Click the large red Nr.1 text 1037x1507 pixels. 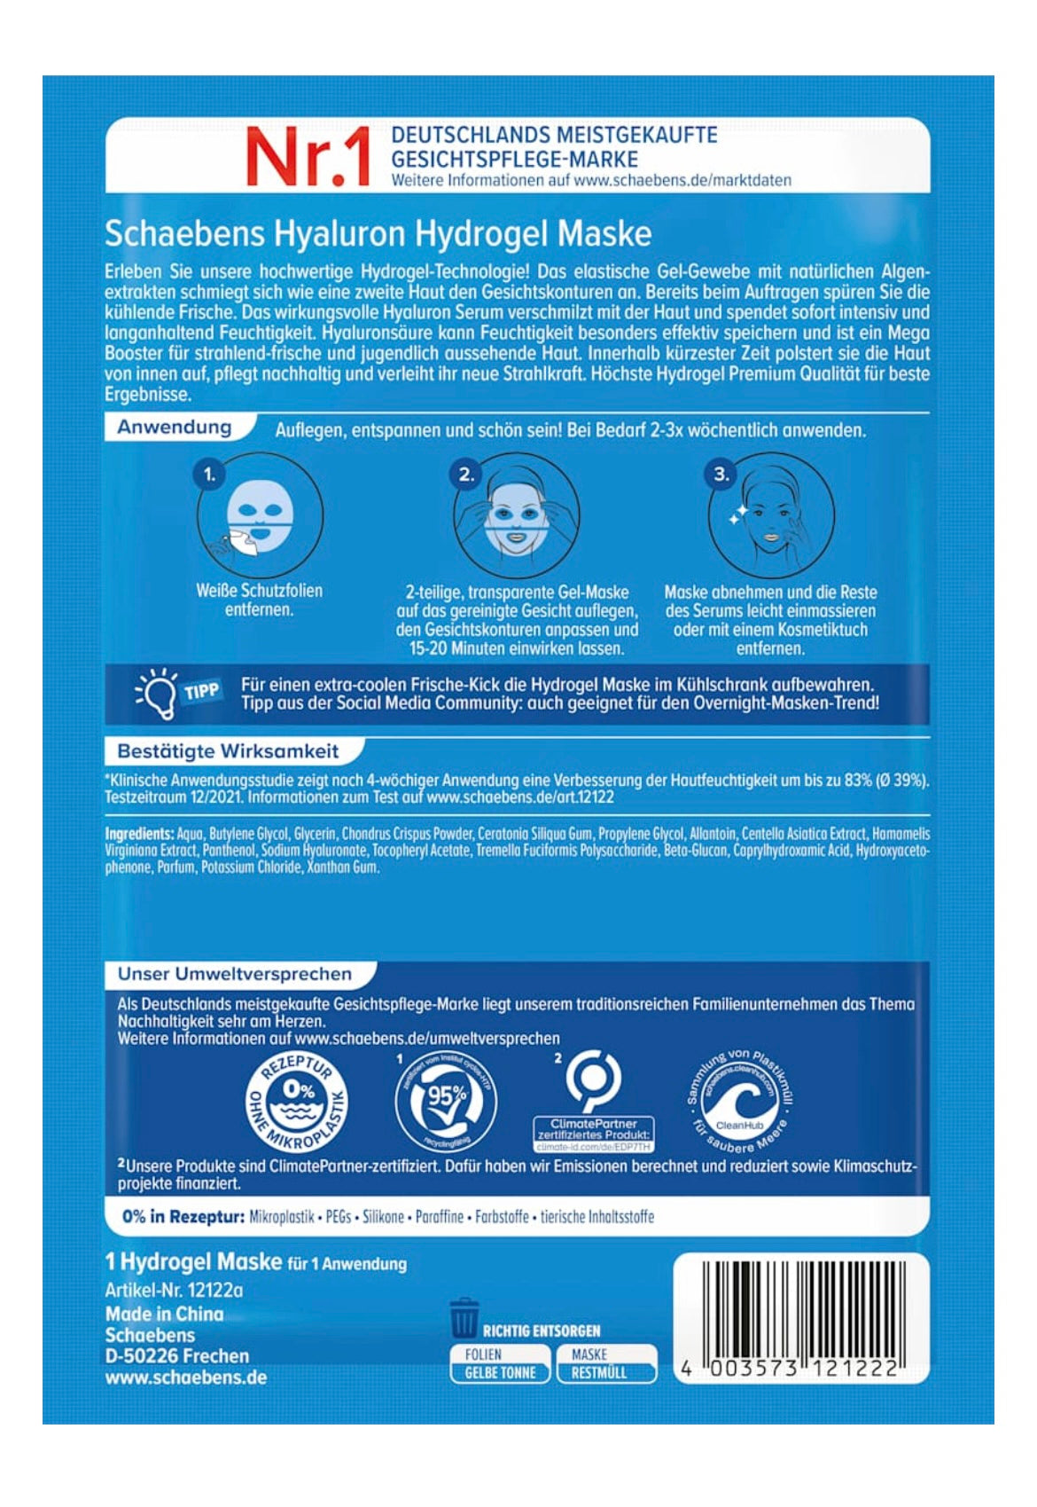coord(307,158)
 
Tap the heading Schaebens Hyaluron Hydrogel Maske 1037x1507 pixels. coord(378,233)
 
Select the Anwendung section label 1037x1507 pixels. coord(175,427)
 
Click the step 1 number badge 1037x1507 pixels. coord(209,475)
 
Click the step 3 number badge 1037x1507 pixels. coord(721,475)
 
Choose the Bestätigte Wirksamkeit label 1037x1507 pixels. coord(228,751)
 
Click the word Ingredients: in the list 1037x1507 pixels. coord(139,834)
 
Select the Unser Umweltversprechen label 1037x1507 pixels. coord(234,974)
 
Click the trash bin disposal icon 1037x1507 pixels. coord(464,1318)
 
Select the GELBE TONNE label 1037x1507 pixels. coord(500,1372)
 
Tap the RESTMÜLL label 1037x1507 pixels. coord(599,1372)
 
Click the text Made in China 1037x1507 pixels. coord(164,1314)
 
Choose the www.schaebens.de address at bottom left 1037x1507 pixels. coord(185,1377)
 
